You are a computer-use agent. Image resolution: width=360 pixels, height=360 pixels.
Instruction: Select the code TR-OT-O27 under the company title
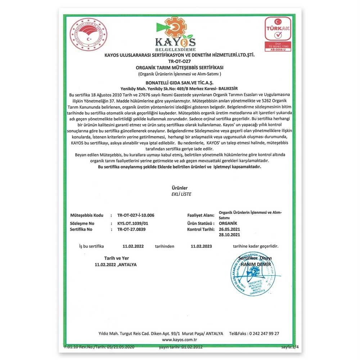179,61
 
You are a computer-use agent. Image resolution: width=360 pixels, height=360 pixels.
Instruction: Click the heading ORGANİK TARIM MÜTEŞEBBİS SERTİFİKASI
180,68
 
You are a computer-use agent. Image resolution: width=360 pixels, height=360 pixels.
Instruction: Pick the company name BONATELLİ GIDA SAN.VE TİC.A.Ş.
180,82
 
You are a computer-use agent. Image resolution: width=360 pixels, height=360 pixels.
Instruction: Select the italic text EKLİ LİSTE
180,194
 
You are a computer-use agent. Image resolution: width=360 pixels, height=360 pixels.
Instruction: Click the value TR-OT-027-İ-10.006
136,215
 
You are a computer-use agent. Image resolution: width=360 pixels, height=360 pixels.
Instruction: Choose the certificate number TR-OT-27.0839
131,229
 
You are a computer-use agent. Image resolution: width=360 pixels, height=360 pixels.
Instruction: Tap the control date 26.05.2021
229,229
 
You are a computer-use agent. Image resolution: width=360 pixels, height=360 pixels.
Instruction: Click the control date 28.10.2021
229,235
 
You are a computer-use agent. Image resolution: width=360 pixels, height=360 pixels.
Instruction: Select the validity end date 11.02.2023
201,247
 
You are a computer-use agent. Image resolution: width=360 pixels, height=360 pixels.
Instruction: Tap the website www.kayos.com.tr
179,339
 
